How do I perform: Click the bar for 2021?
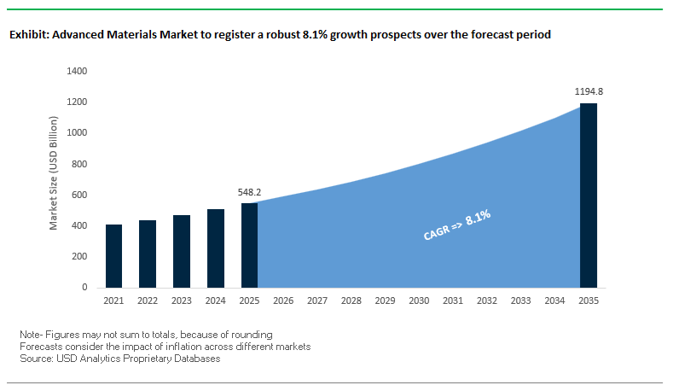(113, 256)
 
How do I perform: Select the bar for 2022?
(147, 254)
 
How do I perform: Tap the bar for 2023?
(181, 251)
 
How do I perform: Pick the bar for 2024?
(215, 248)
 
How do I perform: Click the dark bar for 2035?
(588, 195)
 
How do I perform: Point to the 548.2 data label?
(249, 193)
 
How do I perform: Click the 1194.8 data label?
(588, 90)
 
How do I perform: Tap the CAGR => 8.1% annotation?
(457, 226)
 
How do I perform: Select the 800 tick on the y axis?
(78, 164)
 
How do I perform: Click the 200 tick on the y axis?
(78, 256)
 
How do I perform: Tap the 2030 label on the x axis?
(418, 301)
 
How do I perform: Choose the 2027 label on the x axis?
(316, 301)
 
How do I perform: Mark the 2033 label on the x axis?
(519, 301)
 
